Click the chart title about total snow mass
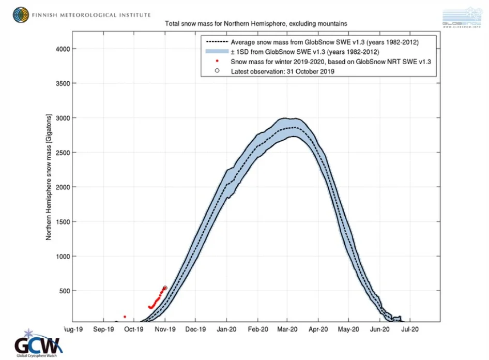pos(255,24)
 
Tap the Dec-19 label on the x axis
pos(196,328)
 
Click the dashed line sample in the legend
pos(217,42)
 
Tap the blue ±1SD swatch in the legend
pos(217,52)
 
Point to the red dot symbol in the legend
pos(217,62)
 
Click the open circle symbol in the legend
pos(217,71)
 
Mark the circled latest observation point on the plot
pos(165,288)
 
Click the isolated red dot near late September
pos(125,317)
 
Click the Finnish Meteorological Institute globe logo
pos(21,15)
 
